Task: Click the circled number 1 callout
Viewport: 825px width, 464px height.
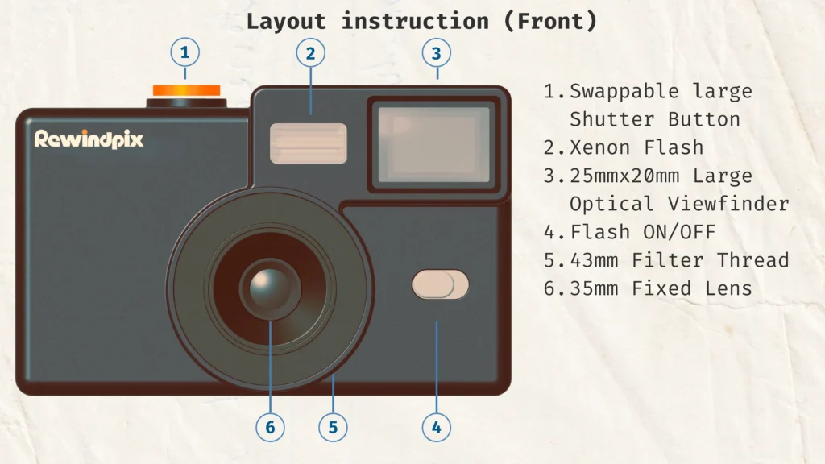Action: point(184,54)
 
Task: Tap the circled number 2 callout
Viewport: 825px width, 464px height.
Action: point(310,54)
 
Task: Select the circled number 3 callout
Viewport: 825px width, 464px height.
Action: point(436,54)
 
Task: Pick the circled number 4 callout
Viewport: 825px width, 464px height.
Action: point(436,428)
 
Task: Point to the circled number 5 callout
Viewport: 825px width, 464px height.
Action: point(333,428)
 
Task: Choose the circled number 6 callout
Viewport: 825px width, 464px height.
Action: point(270,428)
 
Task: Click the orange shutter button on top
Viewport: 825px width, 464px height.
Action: point(186,90)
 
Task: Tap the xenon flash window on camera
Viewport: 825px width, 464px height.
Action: point(309,143)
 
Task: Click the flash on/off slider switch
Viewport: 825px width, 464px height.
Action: point(440,284)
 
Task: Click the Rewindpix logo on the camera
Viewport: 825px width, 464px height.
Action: point(89,139)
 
